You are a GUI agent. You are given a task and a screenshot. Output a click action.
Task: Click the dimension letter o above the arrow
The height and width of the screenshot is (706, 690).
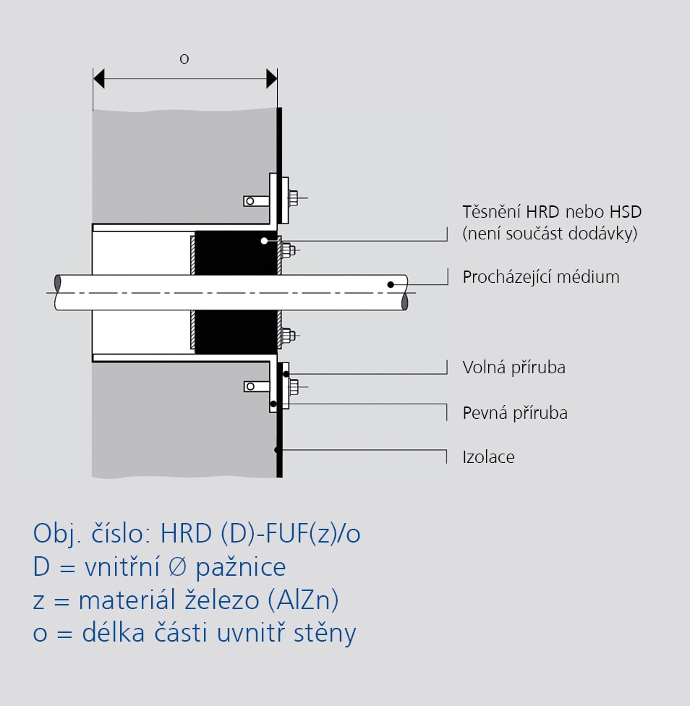pyautogui.click(x=184, y=59)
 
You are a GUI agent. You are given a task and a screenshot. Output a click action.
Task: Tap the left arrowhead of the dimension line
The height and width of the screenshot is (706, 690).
pyautogui.click(x=98, y=78)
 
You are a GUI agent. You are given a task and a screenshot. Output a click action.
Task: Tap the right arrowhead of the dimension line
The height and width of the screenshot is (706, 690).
pyautogui.click(x=272, y=78)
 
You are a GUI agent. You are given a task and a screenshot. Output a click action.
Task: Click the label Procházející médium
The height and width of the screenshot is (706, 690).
pyautogui.click(x=541, y=277)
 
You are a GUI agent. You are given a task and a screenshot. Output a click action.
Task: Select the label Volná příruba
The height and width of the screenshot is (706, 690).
pyautogui.click(x=514, y=367)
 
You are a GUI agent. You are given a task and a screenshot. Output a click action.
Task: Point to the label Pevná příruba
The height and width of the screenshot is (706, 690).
pyautogui.click(x=515, y=413)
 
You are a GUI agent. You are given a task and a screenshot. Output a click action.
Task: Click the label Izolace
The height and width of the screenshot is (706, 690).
pyautogui.click(x=488, y=457)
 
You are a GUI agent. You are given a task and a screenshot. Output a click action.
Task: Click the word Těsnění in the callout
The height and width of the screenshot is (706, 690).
pyautogui.click(x=492, y=212)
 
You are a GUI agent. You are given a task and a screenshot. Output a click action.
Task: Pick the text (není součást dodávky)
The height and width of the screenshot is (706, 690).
pyautogui.click(x=550, y=234)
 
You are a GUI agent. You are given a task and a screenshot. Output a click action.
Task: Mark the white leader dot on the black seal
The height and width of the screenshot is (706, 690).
pyautogui.click(x=264, y=241)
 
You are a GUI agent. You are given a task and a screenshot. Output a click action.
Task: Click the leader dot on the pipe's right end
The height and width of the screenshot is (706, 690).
pyautogui.click(x=391, y=284)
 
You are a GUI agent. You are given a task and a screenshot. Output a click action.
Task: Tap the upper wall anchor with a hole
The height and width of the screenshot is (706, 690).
pyautogui.click(x=257, y=201)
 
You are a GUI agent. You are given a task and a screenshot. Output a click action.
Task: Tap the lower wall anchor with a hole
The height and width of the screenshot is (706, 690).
pyautogui.click(x=257, y=386)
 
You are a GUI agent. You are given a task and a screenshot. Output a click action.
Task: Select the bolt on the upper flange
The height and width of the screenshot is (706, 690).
pyautogui.click(x=294, y=198)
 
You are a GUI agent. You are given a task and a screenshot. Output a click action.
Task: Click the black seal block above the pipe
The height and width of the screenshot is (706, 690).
pyautogui.click(x=236, y=253)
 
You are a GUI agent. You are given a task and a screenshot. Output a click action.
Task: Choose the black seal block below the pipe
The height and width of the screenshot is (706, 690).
pyautogui.click(x=236, y=332)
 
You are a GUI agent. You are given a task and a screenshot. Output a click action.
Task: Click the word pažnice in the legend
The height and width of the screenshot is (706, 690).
pyautogui.click(x=241, y=566)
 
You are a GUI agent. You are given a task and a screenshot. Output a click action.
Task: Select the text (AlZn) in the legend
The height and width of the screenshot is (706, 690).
pyautogui.click(x=303, y=600)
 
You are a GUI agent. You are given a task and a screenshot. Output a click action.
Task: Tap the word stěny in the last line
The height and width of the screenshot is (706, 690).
pyautogui.click(x=325, y=633)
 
